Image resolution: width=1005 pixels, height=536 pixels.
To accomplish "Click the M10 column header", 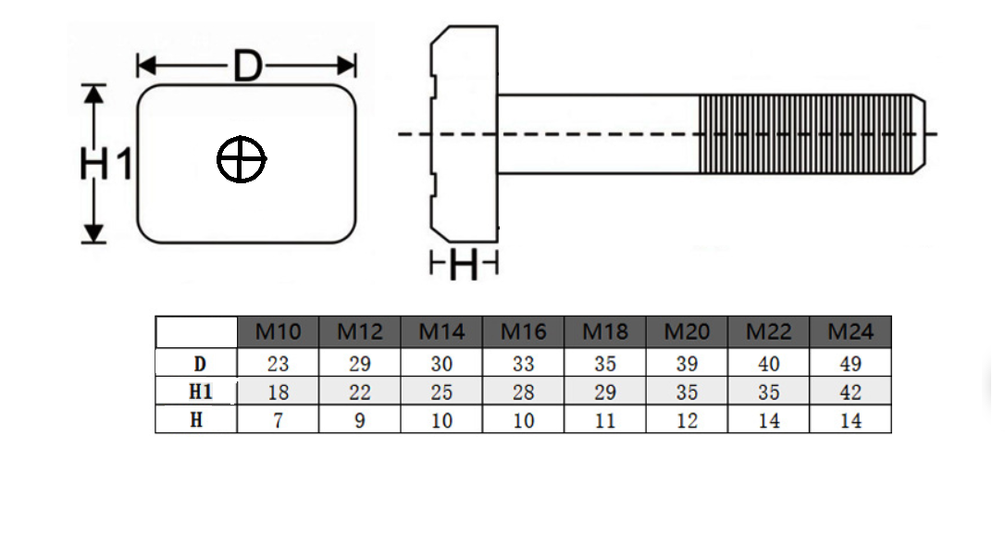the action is click(278, 331).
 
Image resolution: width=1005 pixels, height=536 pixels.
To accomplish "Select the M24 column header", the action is click(850, 331).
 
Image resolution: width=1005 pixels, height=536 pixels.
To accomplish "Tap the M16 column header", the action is click(523, 331).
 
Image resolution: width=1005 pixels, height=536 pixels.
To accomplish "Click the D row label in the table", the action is click(200, 364).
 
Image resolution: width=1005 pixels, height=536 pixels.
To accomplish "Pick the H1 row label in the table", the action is click(200, 392).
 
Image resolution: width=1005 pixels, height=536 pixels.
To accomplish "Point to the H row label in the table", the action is click(197, 420).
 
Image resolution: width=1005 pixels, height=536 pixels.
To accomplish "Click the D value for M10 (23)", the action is click(278, 364).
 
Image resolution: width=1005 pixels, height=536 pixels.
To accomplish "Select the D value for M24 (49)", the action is click(850, 364).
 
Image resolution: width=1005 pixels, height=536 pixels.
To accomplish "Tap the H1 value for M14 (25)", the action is click(441, 393).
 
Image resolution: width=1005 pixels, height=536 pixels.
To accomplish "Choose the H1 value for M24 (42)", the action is click(850, 393).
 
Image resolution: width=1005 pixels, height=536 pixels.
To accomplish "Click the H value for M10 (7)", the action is click(278, 420).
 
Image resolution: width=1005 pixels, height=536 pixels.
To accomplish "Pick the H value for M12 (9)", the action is click(360, 420).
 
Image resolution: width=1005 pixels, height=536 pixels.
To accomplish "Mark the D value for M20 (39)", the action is click(687, 364).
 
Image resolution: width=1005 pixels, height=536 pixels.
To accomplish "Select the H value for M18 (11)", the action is click(605, 420).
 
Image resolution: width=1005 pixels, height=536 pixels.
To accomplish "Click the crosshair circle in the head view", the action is click(241, 136).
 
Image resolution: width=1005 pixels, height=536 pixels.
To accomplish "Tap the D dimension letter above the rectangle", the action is click(247, 66).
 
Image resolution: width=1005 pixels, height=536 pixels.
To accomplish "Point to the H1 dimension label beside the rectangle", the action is click(105, 164).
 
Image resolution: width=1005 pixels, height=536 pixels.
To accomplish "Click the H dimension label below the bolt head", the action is click(464, 264).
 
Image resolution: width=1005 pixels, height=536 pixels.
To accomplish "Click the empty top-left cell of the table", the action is click(196, 332).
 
